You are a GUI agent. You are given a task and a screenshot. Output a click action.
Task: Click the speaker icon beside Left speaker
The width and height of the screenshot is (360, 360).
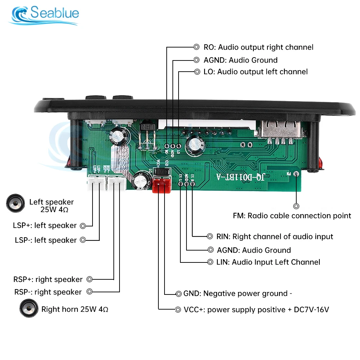(15, 203)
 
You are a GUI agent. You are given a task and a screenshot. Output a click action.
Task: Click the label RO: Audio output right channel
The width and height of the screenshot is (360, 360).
(258, 47)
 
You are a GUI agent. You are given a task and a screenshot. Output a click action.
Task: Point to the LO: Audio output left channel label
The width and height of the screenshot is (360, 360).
(255, 72)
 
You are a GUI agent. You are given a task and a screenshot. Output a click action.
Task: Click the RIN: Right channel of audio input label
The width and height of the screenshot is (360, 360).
(275, 237)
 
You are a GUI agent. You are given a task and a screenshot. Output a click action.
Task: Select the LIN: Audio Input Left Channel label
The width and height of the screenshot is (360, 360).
(269, 262)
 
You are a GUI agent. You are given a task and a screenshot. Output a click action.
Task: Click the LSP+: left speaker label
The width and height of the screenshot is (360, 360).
(45, 226)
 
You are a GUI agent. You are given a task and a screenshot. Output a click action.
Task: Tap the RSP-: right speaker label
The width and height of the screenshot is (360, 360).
(48, 292)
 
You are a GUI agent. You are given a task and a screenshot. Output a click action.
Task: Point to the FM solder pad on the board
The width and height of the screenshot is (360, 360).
(296, 174)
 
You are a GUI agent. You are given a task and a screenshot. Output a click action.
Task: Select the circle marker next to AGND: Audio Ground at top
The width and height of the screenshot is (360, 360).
(197, 60)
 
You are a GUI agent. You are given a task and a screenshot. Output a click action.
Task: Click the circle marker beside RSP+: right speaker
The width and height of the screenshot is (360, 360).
(90, 279)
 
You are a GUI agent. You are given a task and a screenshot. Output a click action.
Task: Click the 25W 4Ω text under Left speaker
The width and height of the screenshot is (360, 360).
(54, 210)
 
